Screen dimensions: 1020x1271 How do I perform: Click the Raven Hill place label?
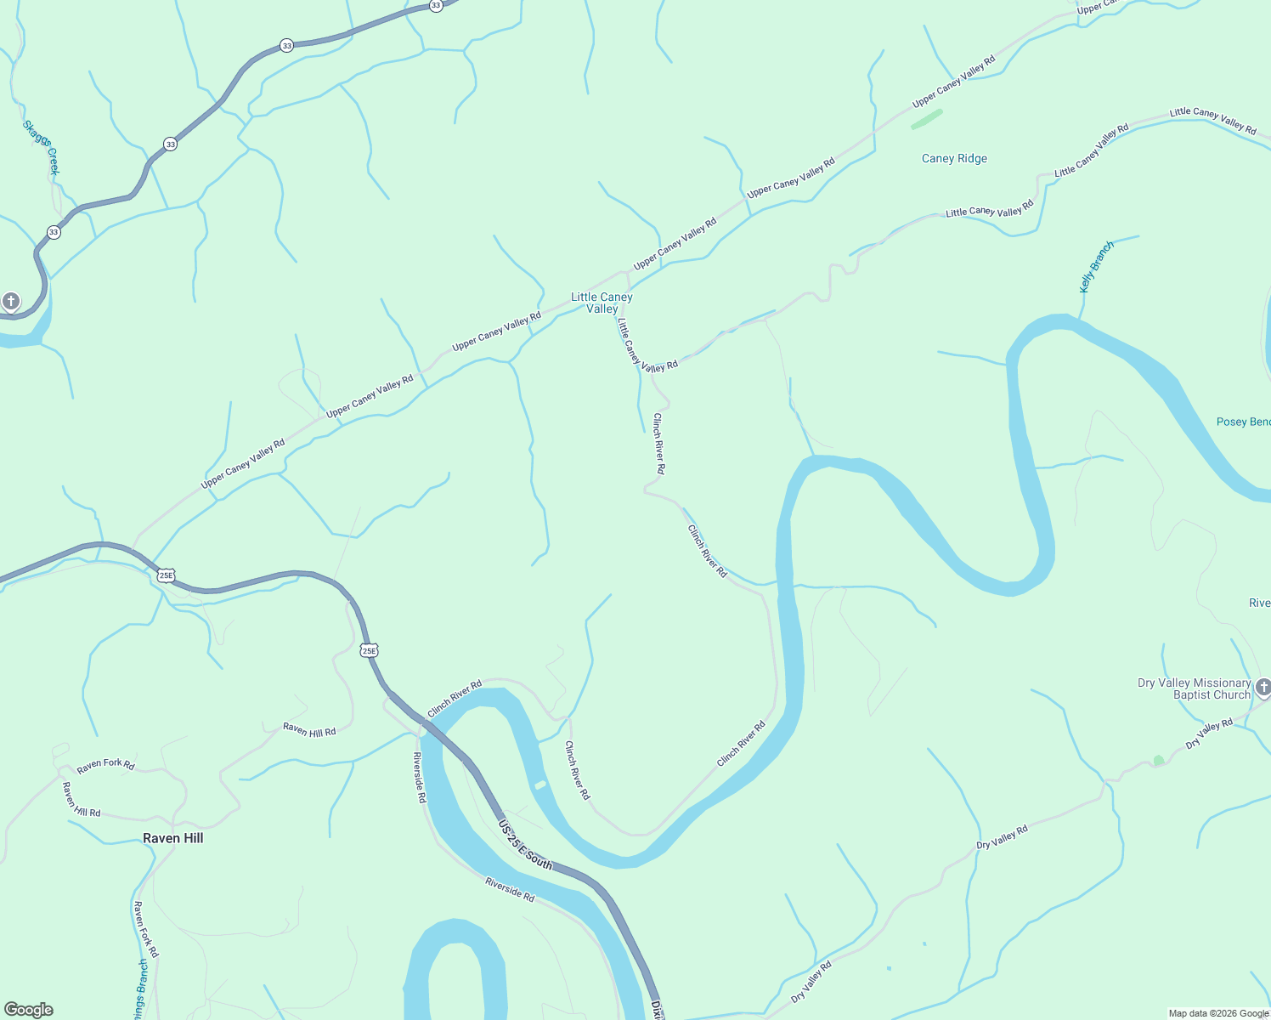click(x=172, y=838)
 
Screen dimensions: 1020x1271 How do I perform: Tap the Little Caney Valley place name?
click(x=602, y=303)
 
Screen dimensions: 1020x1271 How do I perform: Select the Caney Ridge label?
click(x=954, y=158)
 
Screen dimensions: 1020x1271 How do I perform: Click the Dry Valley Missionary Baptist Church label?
click(x=1194, y=688)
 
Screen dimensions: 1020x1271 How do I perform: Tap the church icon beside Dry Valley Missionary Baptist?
click(x=1263, y=687)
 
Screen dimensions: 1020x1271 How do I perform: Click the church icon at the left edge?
click(x=10, y=301)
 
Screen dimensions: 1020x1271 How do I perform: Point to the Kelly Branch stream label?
click(x=1096, y=267)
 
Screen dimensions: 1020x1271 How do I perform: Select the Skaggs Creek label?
click(x=41, y=147)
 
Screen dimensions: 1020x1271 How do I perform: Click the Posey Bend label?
click(x=1243, y=422)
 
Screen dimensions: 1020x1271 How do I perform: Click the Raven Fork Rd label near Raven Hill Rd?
click(x=105, y=765)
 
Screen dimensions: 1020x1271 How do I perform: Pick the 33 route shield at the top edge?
click(x=436, y=5)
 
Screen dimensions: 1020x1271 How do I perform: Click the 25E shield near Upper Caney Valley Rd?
click(x=166, y=575)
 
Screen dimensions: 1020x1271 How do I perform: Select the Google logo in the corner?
click(x=29, y=1010)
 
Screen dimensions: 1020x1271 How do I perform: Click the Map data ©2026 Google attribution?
click(x=1218, y=1013)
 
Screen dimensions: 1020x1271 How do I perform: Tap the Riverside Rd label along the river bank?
click(x=510, y=890)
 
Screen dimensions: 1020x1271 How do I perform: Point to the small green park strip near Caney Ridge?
click(x=926, y=119)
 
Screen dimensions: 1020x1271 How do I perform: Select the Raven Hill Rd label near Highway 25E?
click(x=309, y=730)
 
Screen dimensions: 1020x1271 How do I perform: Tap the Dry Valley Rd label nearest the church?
click(x=1209, y=734)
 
